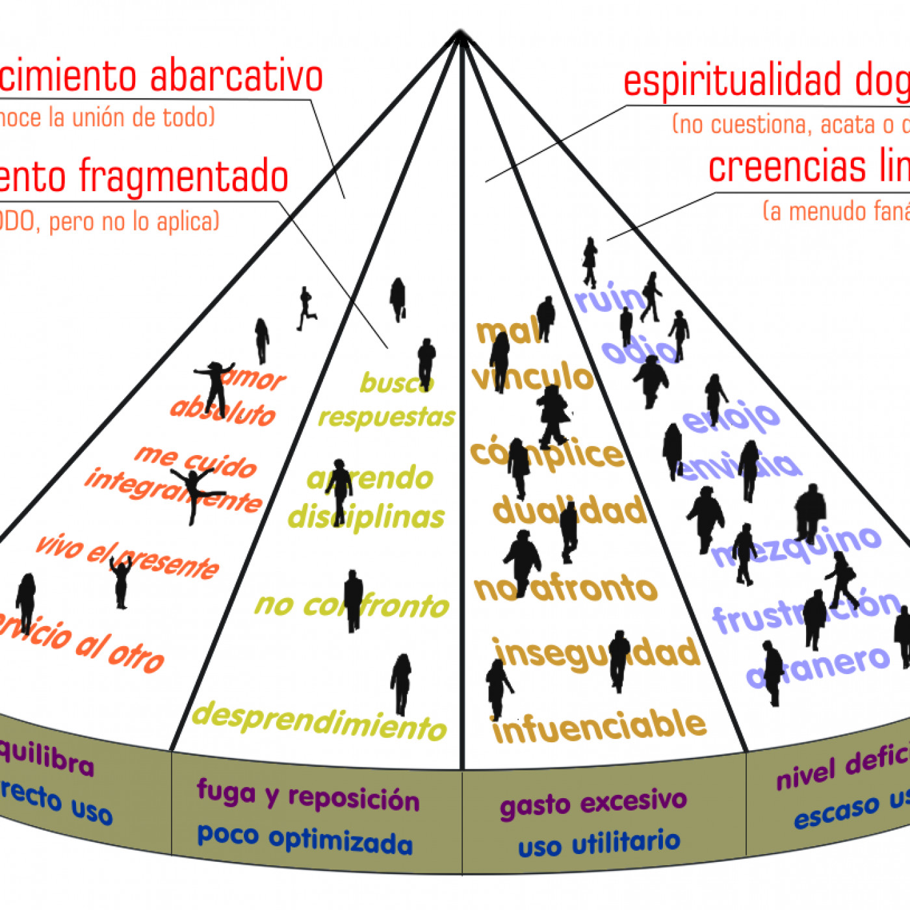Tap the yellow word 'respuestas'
[386, 417]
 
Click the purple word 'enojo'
[731, 417]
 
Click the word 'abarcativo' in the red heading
[237, 76]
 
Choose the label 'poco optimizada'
[305, 839]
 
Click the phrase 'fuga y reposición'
[308, 796]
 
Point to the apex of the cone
[460, 32]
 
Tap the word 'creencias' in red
[787, 167]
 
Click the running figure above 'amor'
[306, 308]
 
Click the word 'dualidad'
[569, 511]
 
